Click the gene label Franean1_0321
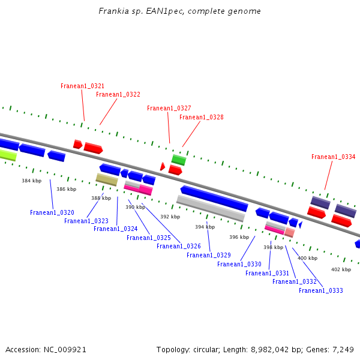[x=82, y=86]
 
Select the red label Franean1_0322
[x=118, y=95]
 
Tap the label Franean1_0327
[x=169, y=109]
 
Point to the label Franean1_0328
[x=201, y=118]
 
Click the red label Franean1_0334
[x=333, y=157]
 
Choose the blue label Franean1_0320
[x=52, y=212]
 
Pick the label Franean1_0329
[x=208, y=255]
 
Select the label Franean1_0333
[x=320, y=290]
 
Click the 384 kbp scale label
[x=31, y=181]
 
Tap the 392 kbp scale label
[x=170, y=217]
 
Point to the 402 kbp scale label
[x=341, y=270]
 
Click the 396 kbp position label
[x=239, y=237]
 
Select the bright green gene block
[x=178, y=160]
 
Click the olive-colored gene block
[x=107, y=179]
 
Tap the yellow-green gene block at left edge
[x=7, y=155]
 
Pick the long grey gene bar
[x=210, y=208]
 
